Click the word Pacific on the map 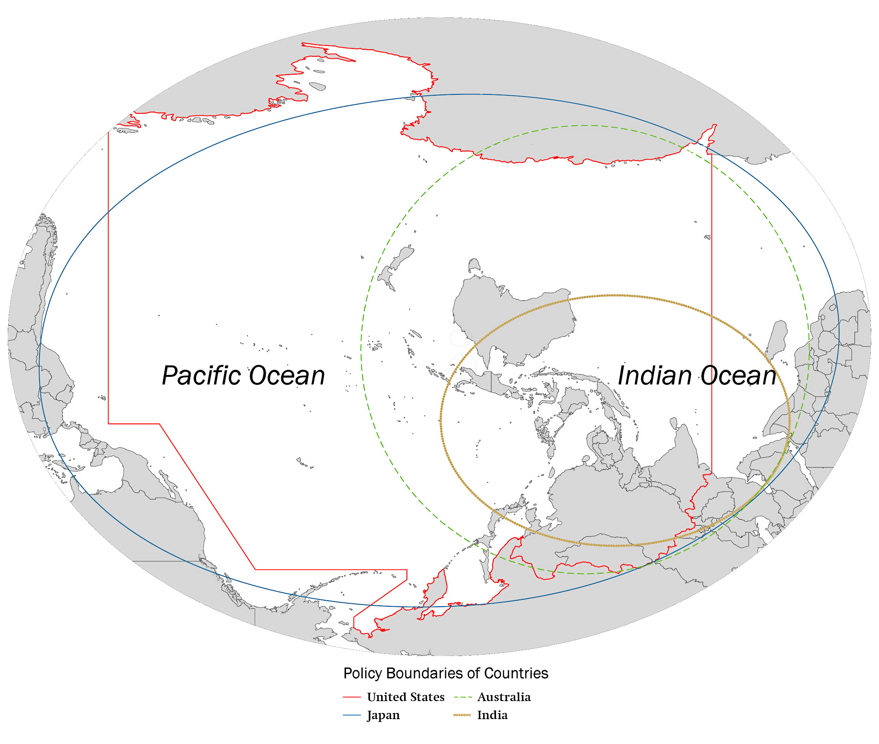tap(202, 376)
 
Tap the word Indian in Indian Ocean tap(654, 376)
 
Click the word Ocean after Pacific tap(287, 376)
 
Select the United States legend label tap(406, 697)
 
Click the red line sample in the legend tap(352, 698)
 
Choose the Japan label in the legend tap(383, 715)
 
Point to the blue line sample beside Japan tap(352, 715)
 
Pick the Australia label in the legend tap(504, 697)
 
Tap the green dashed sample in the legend tap(463, 698)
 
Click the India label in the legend tap(492, 715)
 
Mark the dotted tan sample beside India tap(463, 715)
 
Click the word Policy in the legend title tap(363, 674)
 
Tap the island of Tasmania tap(474, 264)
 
